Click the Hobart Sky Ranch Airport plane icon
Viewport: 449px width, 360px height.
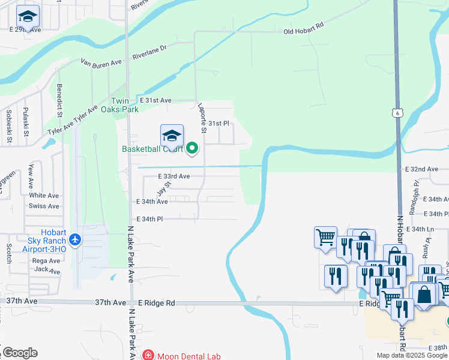pyautogui.click(x=75, y=240)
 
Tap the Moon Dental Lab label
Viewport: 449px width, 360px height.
pyautogui.click(x=188, y=356)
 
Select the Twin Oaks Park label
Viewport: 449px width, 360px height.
pyautogui.click(x=124, y=106)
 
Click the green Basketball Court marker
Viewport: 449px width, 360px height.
pyautogui.click(x=192, y=148)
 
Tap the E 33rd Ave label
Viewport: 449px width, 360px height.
pyautogui.click(x=174, y=176)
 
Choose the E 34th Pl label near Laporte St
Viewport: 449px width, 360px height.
pyautogui.click(x=150, y=219)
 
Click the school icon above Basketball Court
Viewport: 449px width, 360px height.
pyautogui.click(x=172, y=135)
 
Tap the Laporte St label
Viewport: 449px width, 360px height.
pyautogui.click(x=202, y=118)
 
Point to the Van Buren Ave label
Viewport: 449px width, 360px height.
pyautogui.click(x=101, y=62)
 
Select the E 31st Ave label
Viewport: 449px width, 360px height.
pyautogui.click(x=155, y=100)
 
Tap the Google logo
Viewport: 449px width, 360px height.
pyautogui.click(x=20, y=352)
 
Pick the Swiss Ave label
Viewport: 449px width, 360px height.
pyautogui.click(x=44, y=206)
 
